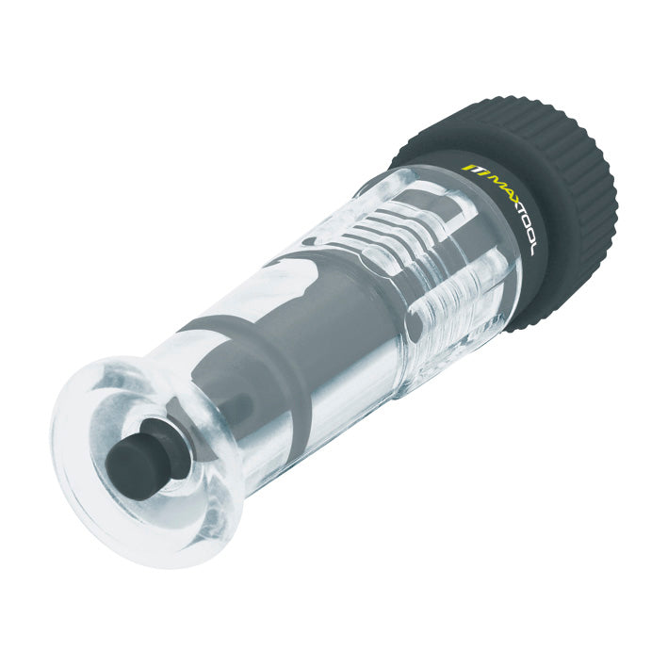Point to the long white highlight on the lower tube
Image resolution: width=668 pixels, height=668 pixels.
(x=311, y=415)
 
